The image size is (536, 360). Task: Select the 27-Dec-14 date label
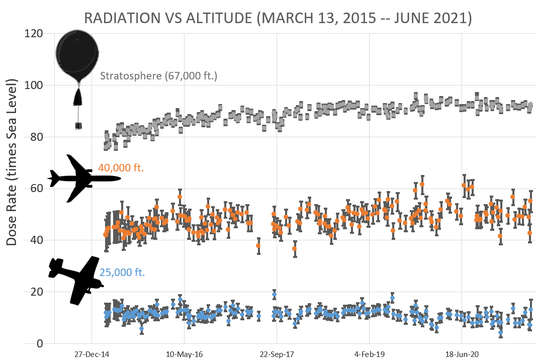pos(92,354)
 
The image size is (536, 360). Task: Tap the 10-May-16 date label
pos(184,354)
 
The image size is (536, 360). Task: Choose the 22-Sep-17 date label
pos(277,354)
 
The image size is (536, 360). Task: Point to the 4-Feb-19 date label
pos(369,354)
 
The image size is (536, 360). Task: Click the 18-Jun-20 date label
pos(462,354)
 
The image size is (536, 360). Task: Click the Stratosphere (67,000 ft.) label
pos(158,77)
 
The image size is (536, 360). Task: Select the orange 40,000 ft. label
pos(121,168)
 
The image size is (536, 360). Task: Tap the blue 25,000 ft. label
pos(122,273)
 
